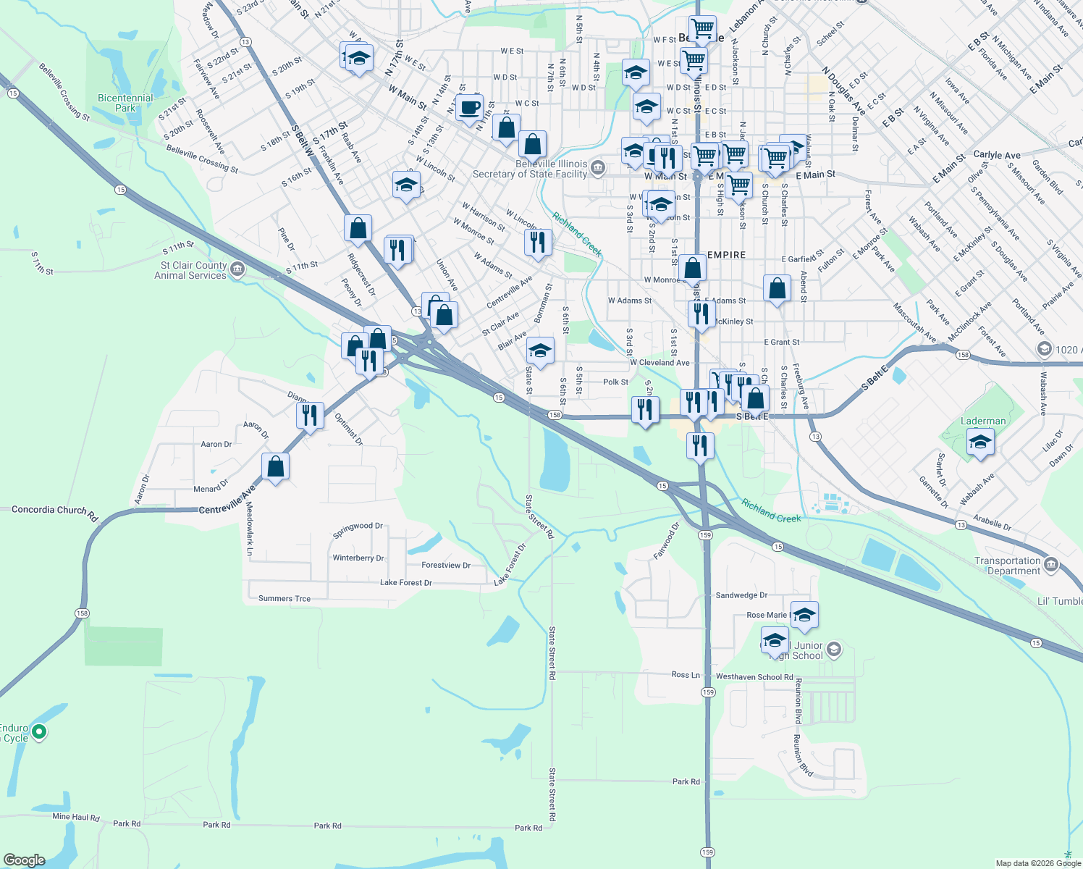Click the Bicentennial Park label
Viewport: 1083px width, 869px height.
[125, 103]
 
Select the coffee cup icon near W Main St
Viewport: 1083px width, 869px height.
[469, 107]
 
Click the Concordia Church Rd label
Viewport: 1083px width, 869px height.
[54, 511]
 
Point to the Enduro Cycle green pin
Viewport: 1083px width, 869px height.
[40, 732]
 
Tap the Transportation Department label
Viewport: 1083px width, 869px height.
[1007, 566]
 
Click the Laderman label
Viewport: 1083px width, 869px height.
[982, 421]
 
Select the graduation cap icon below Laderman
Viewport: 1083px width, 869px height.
[979, 442]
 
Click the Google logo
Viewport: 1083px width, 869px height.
[24, 860]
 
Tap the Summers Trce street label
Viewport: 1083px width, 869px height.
[285, 599]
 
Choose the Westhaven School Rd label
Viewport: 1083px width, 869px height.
[754, 677]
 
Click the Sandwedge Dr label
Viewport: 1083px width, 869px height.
[741, 595]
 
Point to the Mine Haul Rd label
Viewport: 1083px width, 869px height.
[76, 817]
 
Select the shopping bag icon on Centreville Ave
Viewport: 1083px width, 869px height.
[276, 466]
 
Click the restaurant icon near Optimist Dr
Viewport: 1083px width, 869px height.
[310, 416]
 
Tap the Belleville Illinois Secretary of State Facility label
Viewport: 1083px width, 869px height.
[530, 169]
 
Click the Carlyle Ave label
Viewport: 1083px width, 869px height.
[997, 155]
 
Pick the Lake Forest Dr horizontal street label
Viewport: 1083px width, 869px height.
[406, 582]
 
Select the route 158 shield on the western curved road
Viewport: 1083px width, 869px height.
[82, 613]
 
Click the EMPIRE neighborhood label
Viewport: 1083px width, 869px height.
[726, 255]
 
